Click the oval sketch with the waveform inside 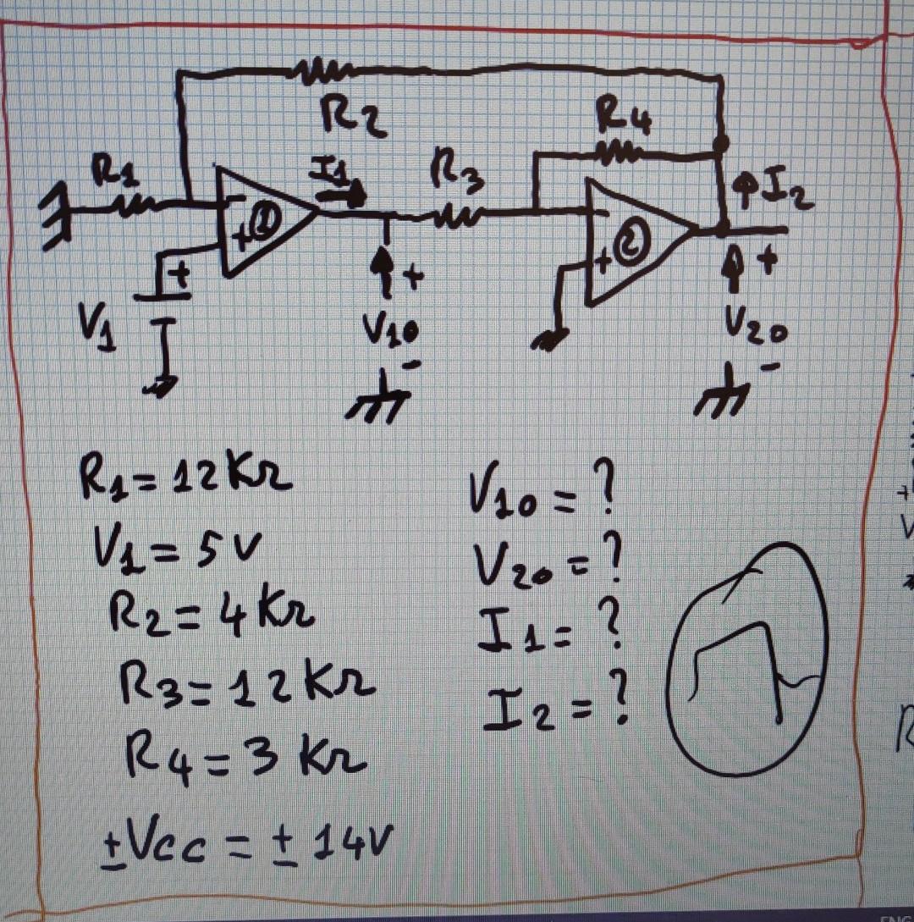pyautogui.click(x=746, y=658)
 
